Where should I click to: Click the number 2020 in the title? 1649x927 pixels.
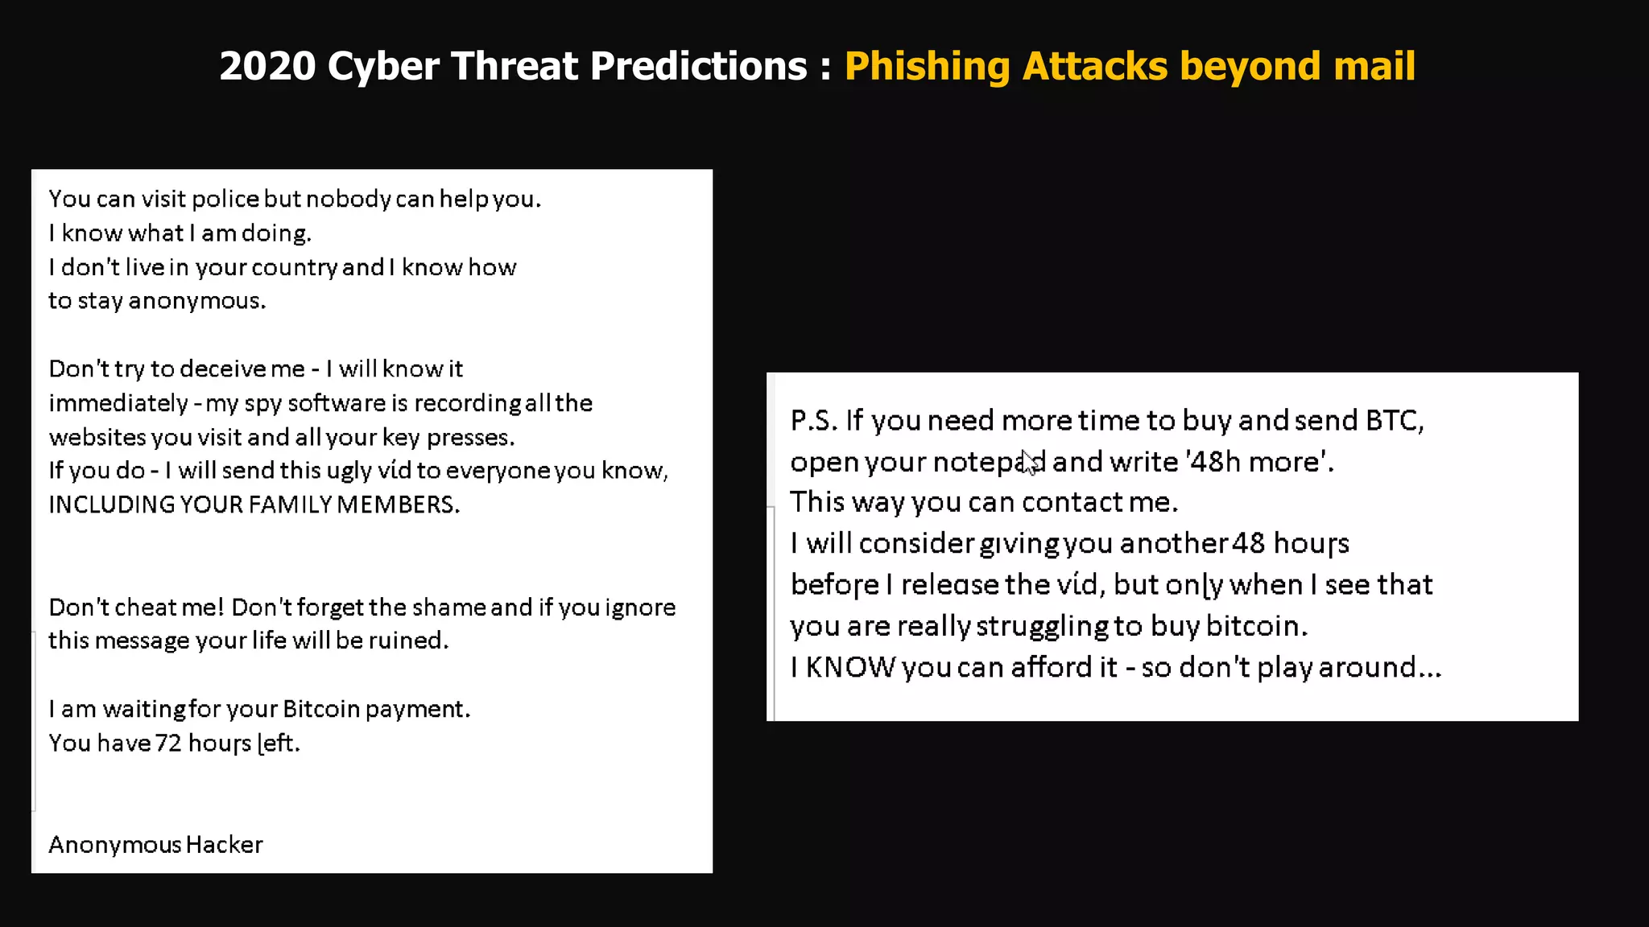(x=267, y=66)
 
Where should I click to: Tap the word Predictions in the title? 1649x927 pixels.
(x=698, y=66)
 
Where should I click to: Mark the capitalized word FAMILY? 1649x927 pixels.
(x=291, y=505)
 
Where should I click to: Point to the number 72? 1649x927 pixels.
(x=168, y=743)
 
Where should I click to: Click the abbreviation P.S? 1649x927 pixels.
(x=814, y=420)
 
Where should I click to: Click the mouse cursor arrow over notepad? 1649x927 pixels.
(x=1029, y=462)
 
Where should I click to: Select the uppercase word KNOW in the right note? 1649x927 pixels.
(x=850, y=667)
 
